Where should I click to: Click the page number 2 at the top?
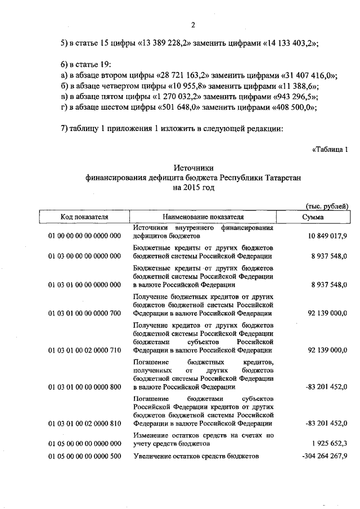[192, 24]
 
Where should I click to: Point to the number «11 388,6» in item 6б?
[296, 87]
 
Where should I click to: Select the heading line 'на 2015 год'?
[193, 187]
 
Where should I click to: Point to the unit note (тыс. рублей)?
[327, 206]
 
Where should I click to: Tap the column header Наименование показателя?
[203, 216]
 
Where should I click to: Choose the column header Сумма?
[312, 216]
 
